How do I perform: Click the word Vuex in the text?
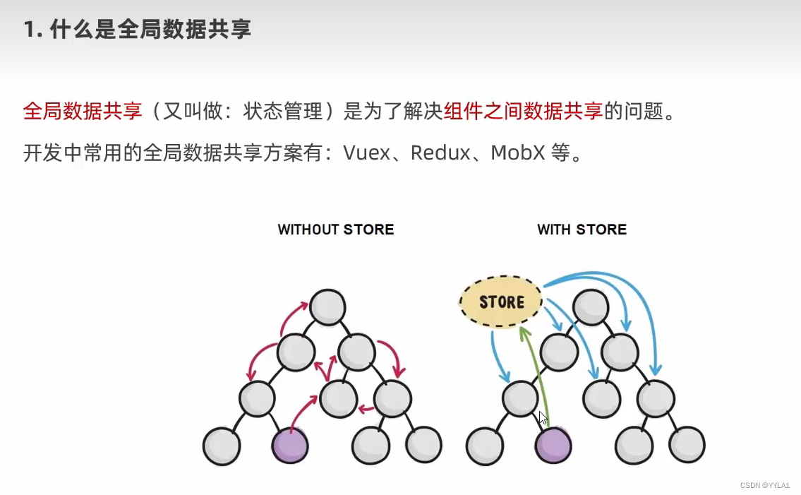pyautogui.click(x=367, y=153)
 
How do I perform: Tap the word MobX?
pyautogui.click(x=518, y=153)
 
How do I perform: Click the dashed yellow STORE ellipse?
pyautogui.click(x=501, y=302)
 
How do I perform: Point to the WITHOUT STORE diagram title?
pyautogui.click(x=336, y=229)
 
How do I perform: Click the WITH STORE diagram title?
pyautogui.click(x=582, y=229)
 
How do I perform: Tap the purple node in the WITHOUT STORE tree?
pyautogui.click(x=290, y=445)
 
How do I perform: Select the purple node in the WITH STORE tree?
pyautogui.click(x=553, y=445)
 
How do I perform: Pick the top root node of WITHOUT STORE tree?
pyautogui.click(x=327, y=307)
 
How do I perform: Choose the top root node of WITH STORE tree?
pyautogui.click(x=590, y=307)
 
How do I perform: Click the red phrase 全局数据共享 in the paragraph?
pyautogui.click(x=83, y=112)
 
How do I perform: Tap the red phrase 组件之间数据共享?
pyautogui.click(x=524, y=112)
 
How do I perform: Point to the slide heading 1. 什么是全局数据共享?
pyautogui.click(x=137, y=30)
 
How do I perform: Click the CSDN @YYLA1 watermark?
pyautogui.click(x=765, y=485)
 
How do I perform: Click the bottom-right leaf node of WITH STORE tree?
pyautogui.click(x=687, y=445)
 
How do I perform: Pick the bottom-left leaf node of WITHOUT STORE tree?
pyautogui.click(x=222, y=445)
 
